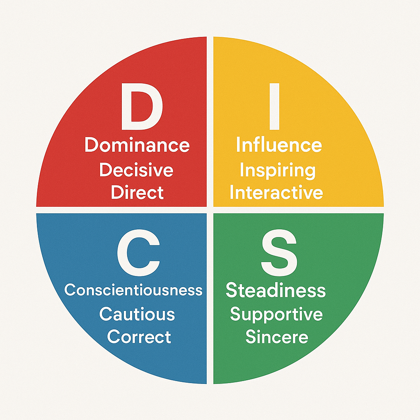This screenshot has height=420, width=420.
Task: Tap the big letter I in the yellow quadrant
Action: click(274, 106)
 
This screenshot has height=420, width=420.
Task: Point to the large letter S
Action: click(279, 253)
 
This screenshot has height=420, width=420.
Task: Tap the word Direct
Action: click(137, 192)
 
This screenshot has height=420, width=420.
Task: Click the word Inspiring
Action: click(278, 171)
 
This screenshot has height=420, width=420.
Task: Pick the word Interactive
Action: click(276, 192)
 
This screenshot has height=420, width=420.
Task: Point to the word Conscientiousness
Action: click(133, 290)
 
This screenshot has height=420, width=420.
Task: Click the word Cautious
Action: click(137, 314)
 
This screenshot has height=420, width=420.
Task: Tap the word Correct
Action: click(139, 336)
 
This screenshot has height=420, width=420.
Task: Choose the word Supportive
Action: click(276, 315)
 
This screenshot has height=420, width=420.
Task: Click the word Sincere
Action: click(277, 337)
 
